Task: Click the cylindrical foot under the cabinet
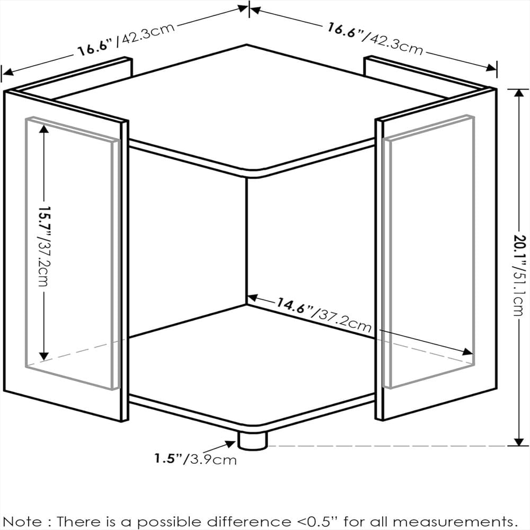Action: pos(252,441)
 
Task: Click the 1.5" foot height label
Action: pos(169,458)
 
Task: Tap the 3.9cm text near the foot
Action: pos(213,460)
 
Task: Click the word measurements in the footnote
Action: pos(458,521)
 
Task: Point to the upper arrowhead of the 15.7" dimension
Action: pos(43,129)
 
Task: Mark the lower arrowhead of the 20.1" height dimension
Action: pos(518,442)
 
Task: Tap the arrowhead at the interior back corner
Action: pos(253,298)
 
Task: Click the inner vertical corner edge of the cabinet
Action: pos(247,241)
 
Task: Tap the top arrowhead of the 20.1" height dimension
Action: pos(518,94)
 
